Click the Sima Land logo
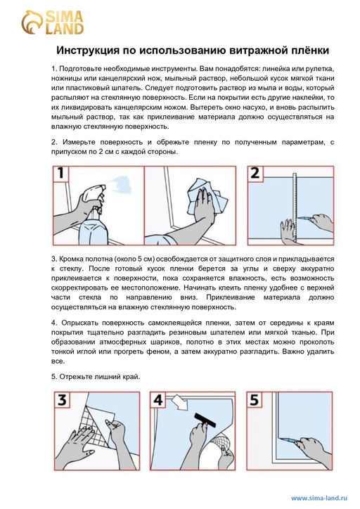click(x=53, y=22)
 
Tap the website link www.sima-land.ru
click(x=319, y=497)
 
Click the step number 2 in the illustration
click(x=256, y=174)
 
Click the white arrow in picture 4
click(x=179, y=404)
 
